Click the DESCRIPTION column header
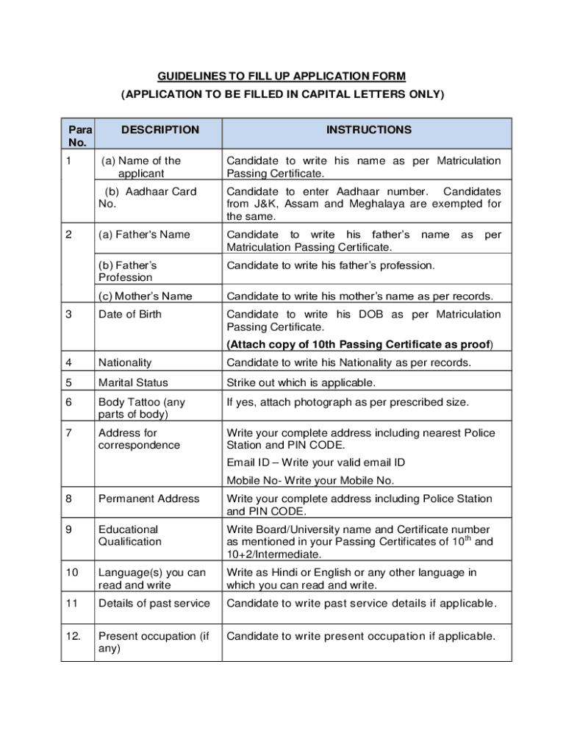click(x=160, y=130)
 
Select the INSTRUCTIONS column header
click(x=369, y=130)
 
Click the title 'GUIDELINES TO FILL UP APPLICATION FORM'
click(x=282, y=77)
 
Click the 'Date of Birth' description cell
click(x=130, y=315)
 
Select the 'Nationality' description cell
click(x=125, y=363)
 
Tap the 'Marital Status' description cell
click(x=133, y=382)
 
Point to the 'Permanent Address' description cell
click(x=148, y=499)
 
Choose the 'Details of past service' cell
click(x=154, y=604)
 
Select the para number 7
click(x=68, y=433)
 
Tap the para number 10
click(x=71, y=572)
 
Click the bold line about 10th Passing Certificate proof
click(x=359, y=345)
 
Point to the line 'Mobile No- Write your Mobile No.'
click(x=310, y=480)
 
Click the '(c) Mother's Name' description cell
click(x=146, y=296)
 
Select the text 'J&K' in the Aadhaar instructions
click(x=265, y=204)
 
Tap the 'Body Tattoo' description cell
click(x=142, y=408)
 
